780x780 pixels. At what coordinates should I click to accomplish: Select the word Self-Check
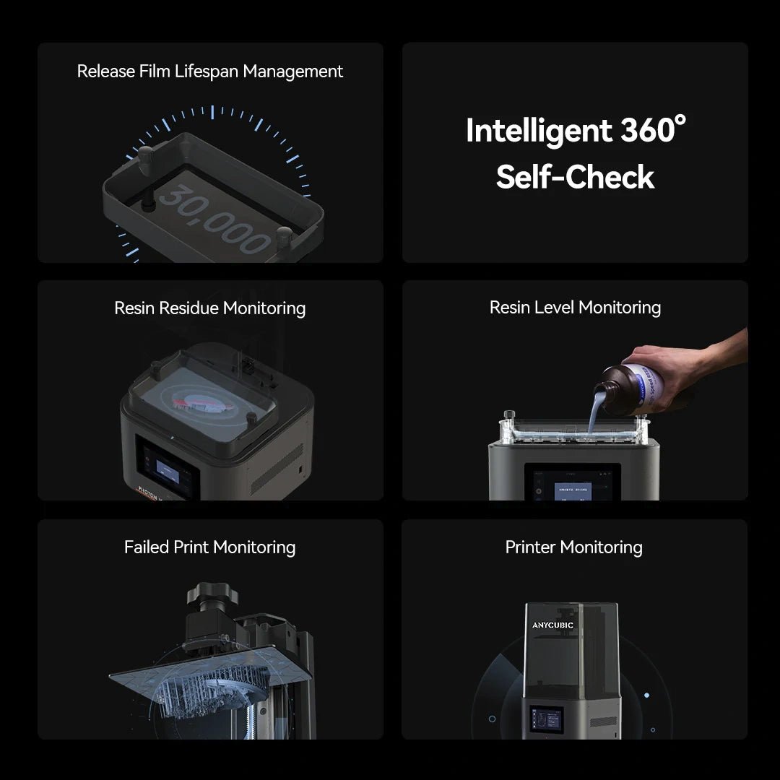[575, 177]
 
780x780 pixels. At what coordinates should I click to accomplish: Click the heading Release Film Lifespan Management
[209, 71]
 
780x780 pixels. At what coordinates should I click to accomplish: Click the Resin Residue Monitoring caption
[209, 308]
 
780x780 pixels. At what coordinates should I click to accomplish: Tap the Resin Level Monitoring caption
[575, 308]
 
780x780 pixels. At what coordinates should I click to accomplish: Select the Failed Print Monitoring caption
[209, 547]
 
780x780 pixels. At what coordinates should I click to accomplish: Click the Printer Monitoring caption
[573, 547]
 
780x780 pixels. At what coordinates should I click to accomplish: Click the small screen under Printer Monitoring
[546, 719]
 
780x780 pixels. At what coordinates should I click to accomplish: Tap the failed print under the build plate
[217, 693]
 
